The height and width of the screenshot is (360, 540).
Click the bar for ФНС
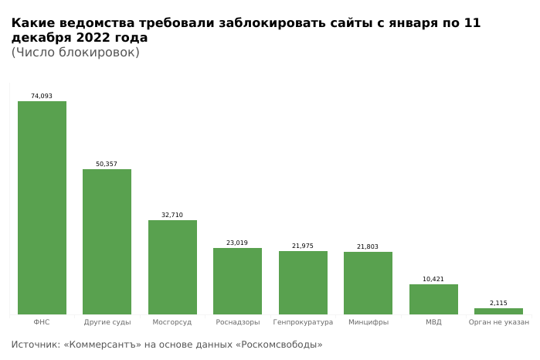(x=42, y=208)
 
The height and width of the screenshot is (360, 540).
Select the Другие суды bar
(x=107, y=242)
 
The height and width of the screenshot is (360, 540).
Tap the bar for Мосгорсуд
(x=172, y=267)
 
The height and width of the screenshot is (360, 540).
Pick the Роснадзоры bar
(x=237, y=281)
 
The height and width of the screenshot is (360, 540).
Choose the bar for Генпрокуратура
(x=303, y=283)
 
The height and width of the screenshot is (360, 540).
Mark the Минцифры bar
(x=368, y=283)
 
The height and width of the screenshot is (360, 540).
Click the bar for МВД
(x=433, y=299)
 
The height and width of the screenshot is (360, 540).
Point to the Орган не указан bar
(x=498, y=311)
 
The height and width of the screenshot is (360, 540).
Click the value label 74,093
(x=42, y=97)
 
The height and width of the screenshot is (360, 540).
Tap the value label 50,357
(x=107, y=165)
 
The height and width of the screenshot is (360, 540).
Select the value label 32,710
(x=172, y=216)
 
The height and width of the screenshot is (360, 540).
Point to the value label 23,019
(x=237, y=243)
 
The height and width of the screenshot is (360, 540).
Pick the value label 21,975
(x=303, y=246)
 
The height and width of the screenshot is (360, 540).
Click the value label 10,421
(x=433, y=280)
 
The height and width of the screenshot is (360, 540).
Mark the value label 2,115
(x=498, y=304)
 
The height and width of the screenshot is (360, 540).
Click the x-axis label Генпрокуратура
(x=303, y=322)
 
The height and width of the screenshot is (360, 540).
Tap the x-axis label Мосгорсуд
(x=172, y=322)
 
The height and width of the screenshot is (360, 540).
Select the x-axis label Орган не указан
(x=498, y=322)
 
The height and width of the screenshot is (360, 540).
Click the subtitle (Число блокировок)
(x=75, y=53)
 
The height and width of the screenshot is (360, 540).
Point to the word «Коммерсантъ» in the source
(x=103, y=345)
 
